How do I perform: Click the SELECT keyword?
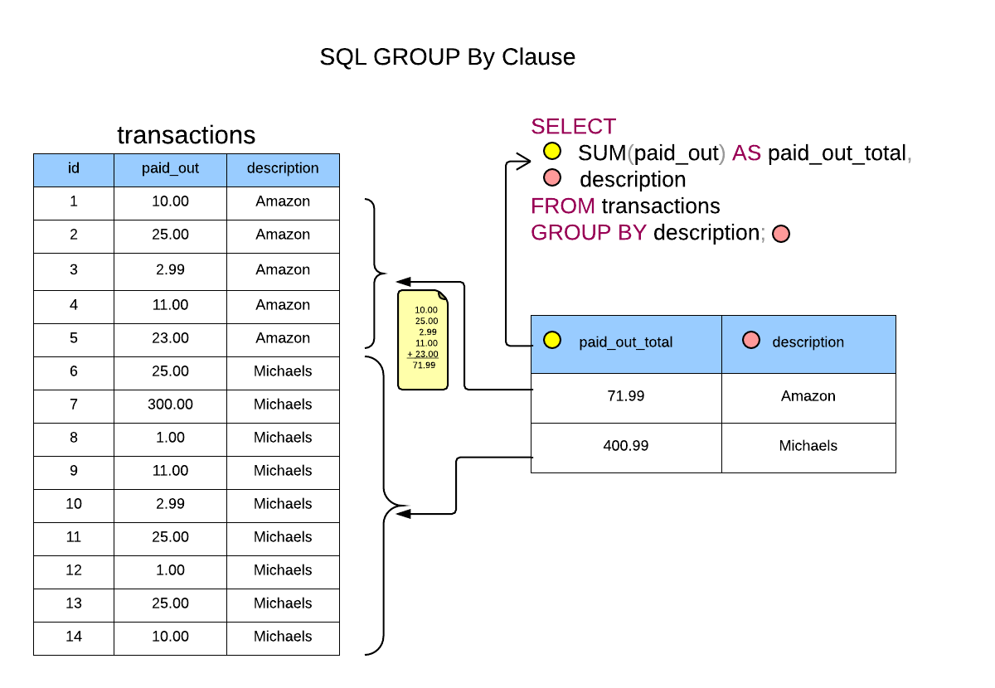tap(573, 127)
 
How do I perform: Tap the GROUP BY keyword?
tap(588, 233)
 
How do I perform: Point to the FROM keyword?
tap(563, 206)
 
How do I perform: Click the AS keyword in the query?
tap(746, 153)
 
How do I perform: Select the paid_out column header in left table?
tap(170, 168)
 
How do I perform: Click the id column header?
tap(74, 168)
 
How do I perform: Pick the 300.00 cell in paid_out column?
tap(170, 405)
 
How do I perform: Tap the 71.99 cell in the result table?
tap(625, 396)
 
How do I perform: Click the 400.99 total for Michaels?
tap(625, 446)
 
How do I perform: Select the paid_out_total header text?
tap(625, 342)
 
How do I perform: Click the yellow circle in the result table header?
tap(552, 340)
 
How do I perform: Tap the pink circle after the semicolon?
tap(781, 234)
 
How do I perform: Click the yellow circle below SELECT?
tap(552, 151)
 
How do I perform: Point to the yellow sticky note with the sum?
tap(423, 340)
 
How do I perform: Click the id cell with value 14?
tap(74, 637)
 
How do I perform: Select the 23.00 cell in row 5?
tap(170, 338)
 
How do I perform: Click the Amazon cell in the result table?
tap(808, 396)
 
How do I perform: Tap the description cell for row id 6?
tap(283, 371)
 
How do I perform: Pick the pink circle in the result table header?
tap(751, 340)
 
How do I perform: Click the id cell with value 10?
tap(74, 504)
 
